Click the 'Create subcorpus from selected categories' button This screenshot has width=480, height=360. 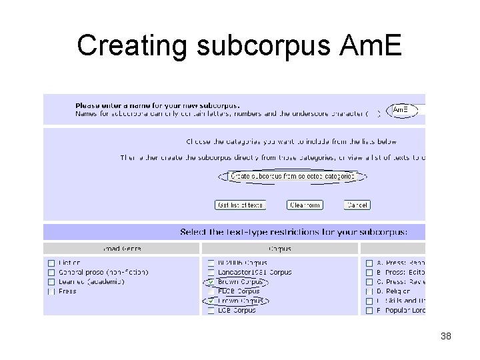[x=293, y=177]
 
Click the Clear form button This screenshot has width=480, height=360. [x=305, y=205]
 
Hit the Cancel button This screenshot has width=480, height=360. [x=357, y=205]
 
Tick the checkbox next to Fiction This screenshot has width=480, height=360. [x=51, y=263]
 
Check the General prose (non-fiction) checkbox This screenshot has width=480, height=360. [x=51, y=272]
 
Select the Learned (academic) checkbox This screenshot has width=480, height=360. [x=51, y=281]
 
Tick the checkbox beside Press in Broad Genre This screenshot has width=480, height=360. [x=51, y=291]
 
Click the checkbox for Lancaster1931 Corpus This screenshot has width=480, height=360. [x=211, y=272]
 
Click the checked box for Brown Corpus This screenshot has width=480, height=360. [x=211, y=282]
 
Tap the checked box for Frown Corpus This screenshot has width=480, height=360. [x=211, y=301]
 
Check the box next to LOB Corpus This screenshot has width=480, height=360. [x=211, y=311]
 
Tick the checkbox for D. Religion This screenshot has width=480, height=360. [x=369, y=291]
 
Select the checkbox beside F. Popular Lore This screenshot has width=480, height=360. [x=369, y=311]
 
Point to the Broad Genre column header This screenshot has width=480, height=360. [x=122, y=249]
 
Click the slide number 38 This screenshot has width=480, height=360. [x=446, y=337]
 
